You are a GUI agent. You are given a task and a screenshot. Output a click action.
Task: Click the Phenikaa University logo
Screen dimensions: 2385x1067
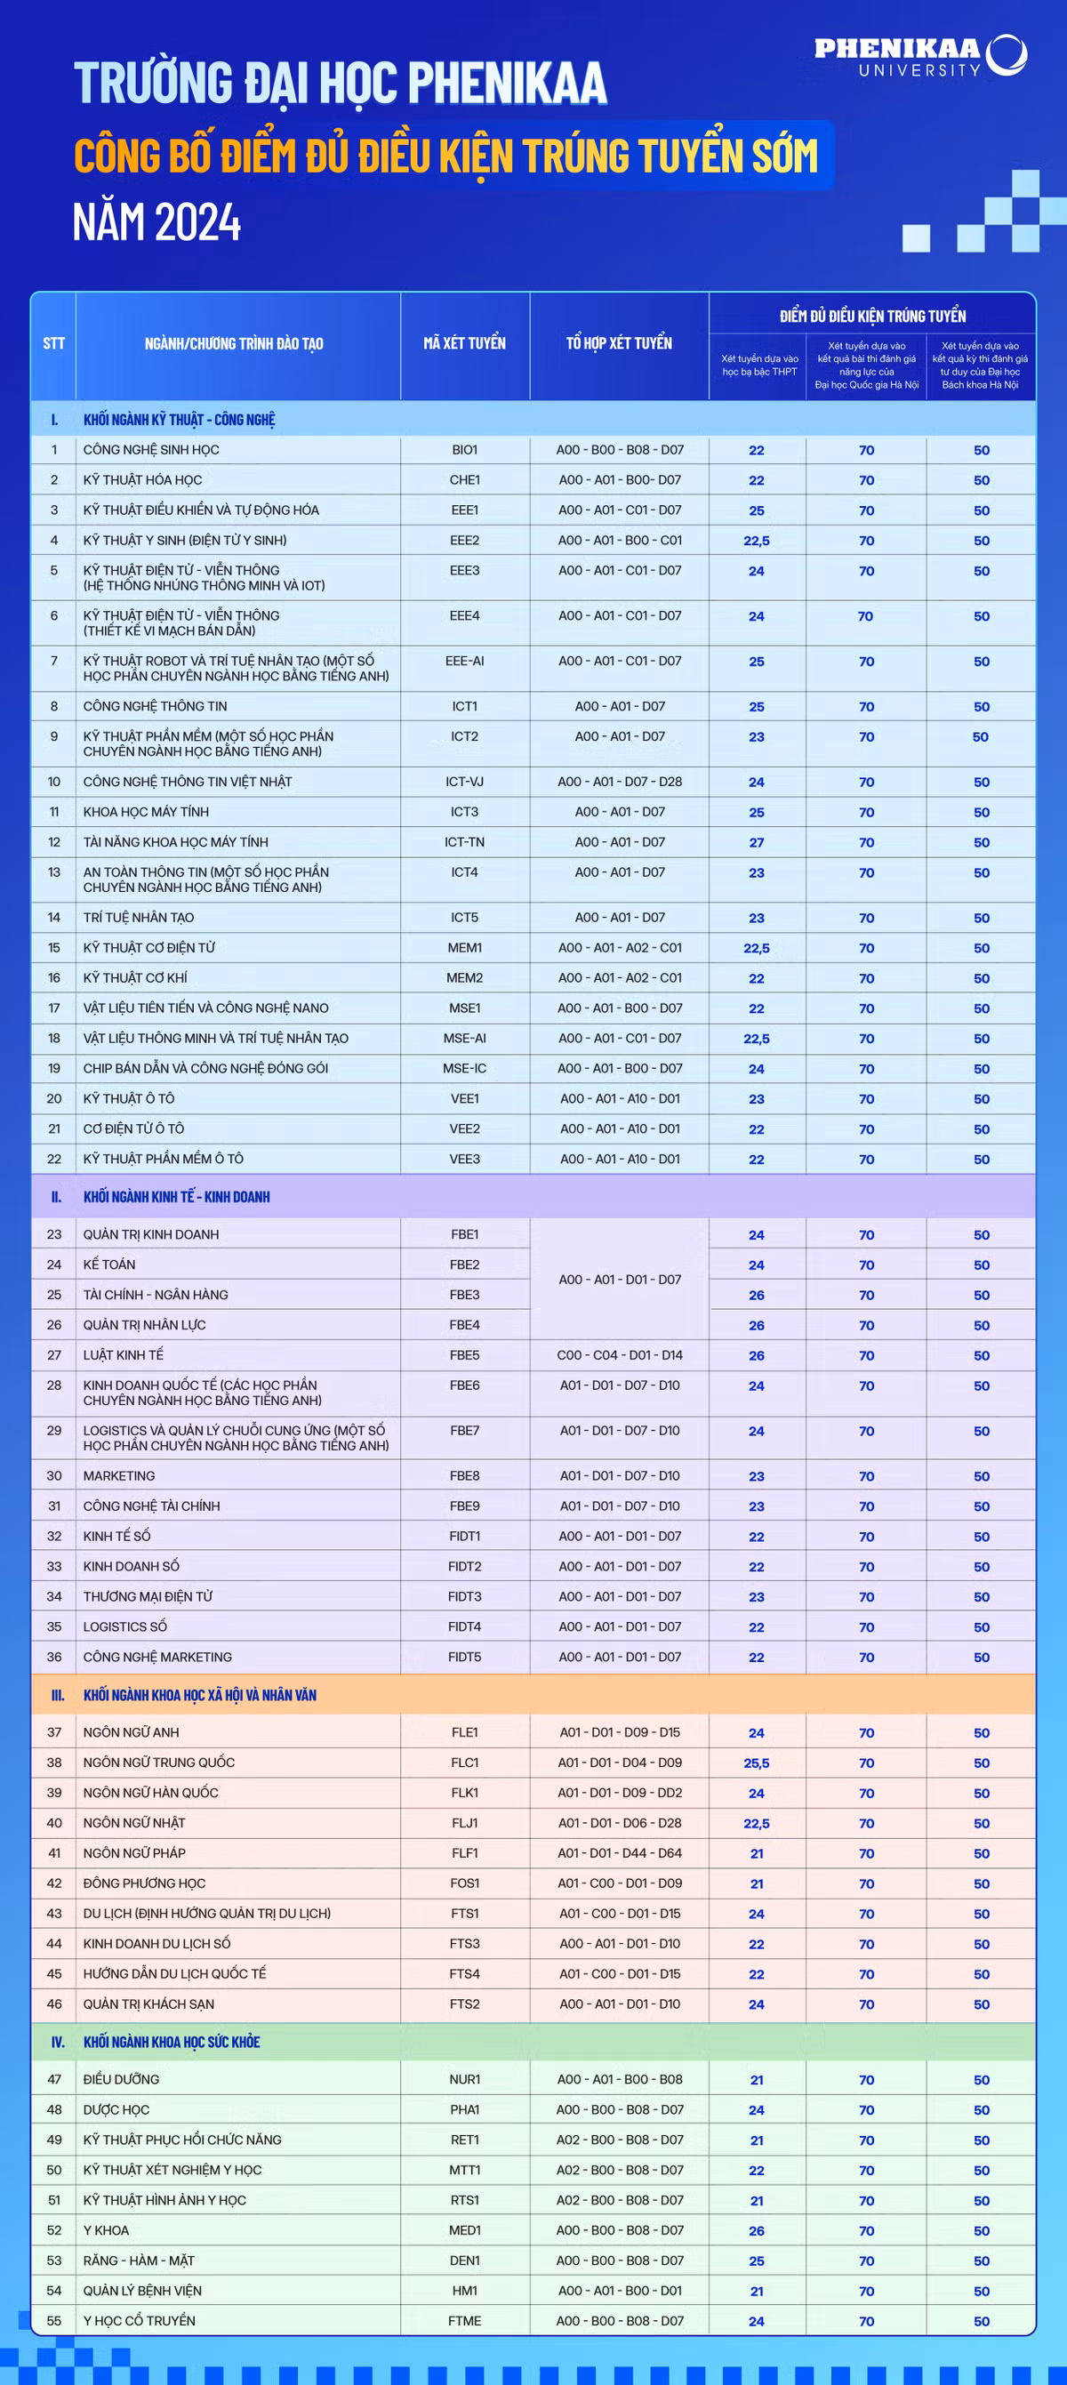(920, 55)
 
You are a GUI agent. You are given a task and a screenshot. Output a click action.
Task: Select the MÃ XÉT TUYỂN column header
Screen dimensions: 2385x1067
(464, 343)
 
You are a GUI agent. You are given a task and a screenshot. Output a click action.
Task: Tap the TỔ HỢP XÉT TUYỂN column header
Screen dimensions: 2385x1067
(619, 343)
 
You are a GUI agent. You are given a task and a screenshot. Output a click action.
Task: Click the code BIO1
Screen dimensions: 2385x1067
(464, 450)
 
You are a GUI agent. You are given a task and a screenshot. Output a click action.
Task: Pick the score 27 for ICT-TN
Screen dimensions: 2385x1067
(756, 842)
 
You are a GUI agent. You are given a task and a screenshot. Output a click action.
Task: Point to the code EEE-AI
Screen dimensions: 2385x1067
(464, 661)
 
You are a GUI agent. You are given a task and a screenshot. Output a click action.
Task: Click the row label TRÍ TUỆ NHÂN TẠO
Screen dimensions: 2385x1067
(139, 918)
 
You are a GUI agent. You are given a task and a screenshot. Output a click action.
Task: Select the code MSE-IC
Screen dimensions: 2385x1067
(464, 1068)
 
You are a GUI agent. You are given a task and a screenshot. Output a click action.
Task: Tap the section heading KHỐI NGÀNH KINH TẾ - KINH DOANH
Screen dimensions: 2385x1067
(177, 1197)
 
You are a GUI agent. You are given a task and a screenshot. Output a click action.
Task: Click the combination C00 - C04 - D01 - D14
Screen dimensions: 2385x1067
(619, 1355)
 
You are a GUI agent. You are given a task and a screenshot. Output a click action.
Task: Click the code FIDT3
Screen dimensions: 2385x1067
(464, 1597)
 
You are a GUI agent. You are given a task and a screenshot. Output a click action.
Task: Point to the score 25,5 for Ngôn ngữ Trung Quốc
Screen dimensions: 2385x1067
(756, 1763)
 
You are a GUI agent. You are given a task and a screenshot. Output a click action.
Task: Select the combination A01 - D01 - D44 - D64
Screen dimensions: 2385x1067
(619, 1853)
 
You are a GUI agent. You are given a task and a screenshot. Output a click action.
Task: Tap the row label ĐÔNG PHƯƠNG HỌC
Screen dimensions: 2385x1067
(144, 1883)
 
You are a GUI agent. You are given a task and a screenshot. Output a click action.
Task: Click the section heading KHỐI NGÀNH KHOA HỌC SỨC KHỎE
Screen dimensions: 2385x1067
(172, 2043)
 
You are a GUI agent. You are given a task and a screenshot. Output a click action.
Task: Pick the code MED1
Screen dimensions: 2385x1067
(464, 2230)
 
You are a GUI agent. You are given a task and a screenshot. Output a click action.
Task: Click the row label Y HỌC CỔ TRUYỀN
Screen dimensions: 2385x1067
(139, 2321)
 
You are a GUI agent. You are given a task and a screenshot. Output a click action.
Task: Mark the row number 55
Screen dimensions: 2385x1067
(54, 2321)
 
